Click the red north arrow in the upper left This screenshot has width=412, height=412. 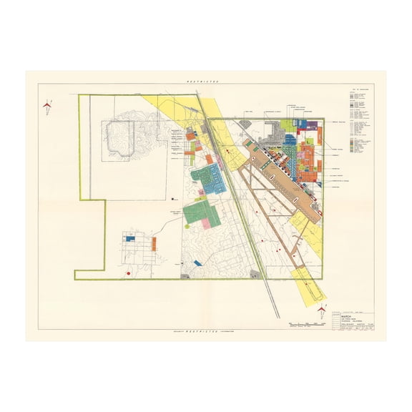click(x=48, y=105)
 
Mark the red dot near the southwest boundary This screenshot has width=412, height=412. click(x=128, y=273)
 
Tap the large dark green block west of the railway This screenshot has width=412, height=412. click(x=200, y=212)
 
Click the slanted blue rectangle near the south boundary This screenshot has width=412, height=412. click(x=198, y=263)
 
